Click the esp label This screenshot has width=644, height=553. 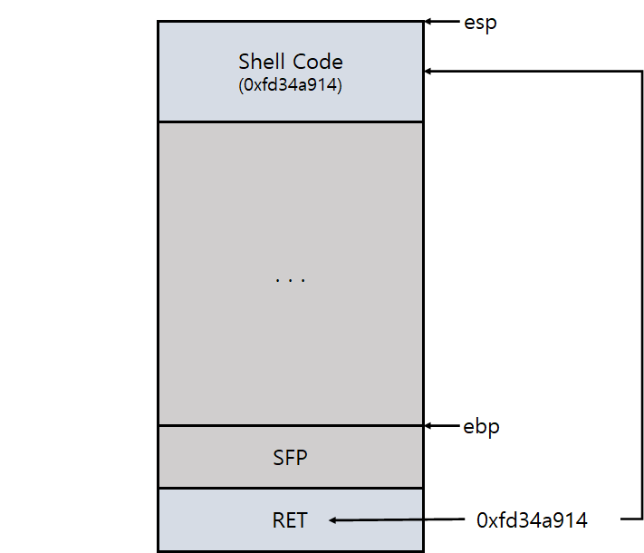tap(480, 23)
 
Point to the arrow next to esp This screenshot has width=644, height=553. tap(441, 22)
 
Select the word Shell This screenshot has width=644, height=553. tap(259, 62)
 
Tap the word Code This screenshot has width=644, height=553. tap(317, 62)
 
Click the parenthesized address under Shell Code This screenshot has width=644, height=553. tap(290, 87)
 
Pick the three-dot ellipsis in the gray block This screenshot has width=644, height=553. tap(290, 280)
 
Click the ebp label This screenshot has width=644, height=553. tap(481, 425)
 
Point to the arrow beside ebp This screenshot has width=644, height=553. tap(441, 425)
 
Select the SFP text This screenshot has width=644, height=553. tap(290, 458)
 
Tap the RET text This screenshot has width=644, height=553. tap(290, 520)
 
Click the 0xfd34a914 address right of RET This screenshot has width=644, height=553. tap(532, 520)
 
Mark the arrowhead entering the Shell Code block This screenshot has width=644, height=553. tap(429, 71)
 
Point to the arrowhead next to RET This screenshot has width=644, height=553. tap(333, 520)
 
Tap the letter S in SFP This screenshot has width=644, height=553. tap(278, 458)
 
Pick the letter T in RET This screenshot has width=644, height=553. tap(302, 520)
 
